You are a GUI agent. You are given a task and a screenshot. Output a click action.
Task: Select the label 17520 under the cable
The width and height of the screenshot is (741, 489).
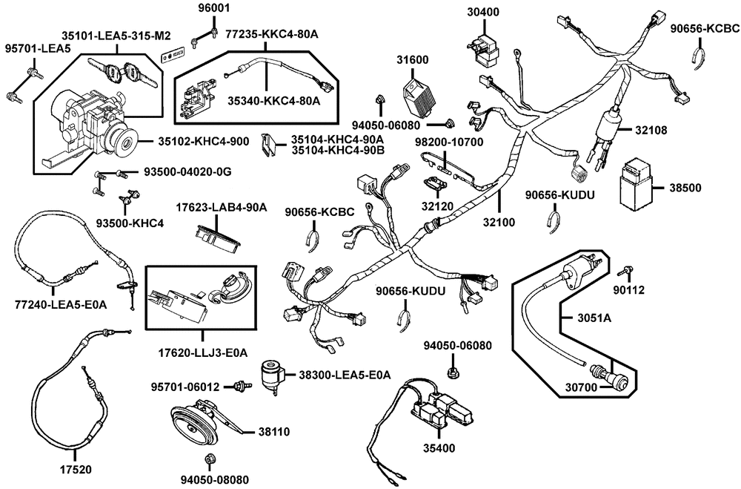click(76, 470)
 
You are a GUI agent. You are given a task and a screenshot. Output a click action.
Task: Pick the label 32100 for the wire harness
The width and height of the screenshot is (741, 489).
click(499, 221)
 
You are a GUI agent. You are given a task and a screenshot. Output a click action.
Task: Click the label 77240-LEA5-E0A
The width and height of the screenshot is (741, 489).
click(62, 304)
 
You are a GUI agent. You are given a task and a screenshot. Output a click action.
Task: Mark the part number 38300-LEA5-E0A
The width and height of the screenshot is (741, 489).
click(345, 375)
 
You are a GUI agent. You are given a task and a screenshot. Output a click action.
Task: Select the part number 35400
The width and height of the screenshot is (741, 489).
click(440, 448)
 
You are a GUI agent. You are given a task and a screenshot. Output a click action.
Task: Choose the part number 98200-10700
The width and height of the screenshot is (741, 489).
click(448, 141)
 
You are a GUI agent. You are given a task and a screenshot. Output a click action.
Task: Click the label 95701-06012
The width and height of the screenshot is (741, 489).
click(186, 387)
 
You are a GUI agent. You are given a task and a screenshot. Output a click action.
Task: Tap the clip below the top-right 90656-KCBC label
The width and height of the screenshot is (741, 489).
click(701, 56)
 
